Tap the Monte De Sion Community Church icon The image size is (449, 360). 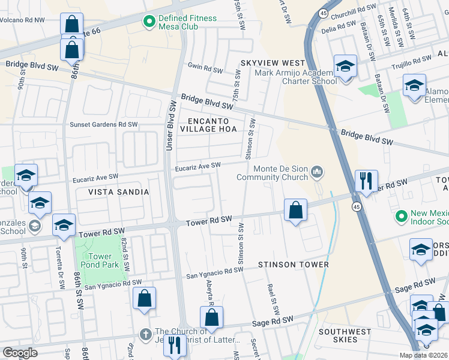(x=318, y=173)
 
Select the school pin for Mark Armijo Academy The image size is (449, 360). (x=346, y=67)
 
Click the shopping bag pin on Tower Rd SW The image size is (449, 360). (x=295, y=211)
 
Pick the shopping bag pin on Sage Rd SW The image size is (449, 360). (x=211, y=318)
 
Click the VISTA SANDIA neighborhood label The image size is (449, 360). (x=118, y=192)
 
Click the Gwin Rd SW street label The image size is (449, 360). (x=206, y=67)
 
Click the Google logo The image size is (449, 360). (x=20, y=353)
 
